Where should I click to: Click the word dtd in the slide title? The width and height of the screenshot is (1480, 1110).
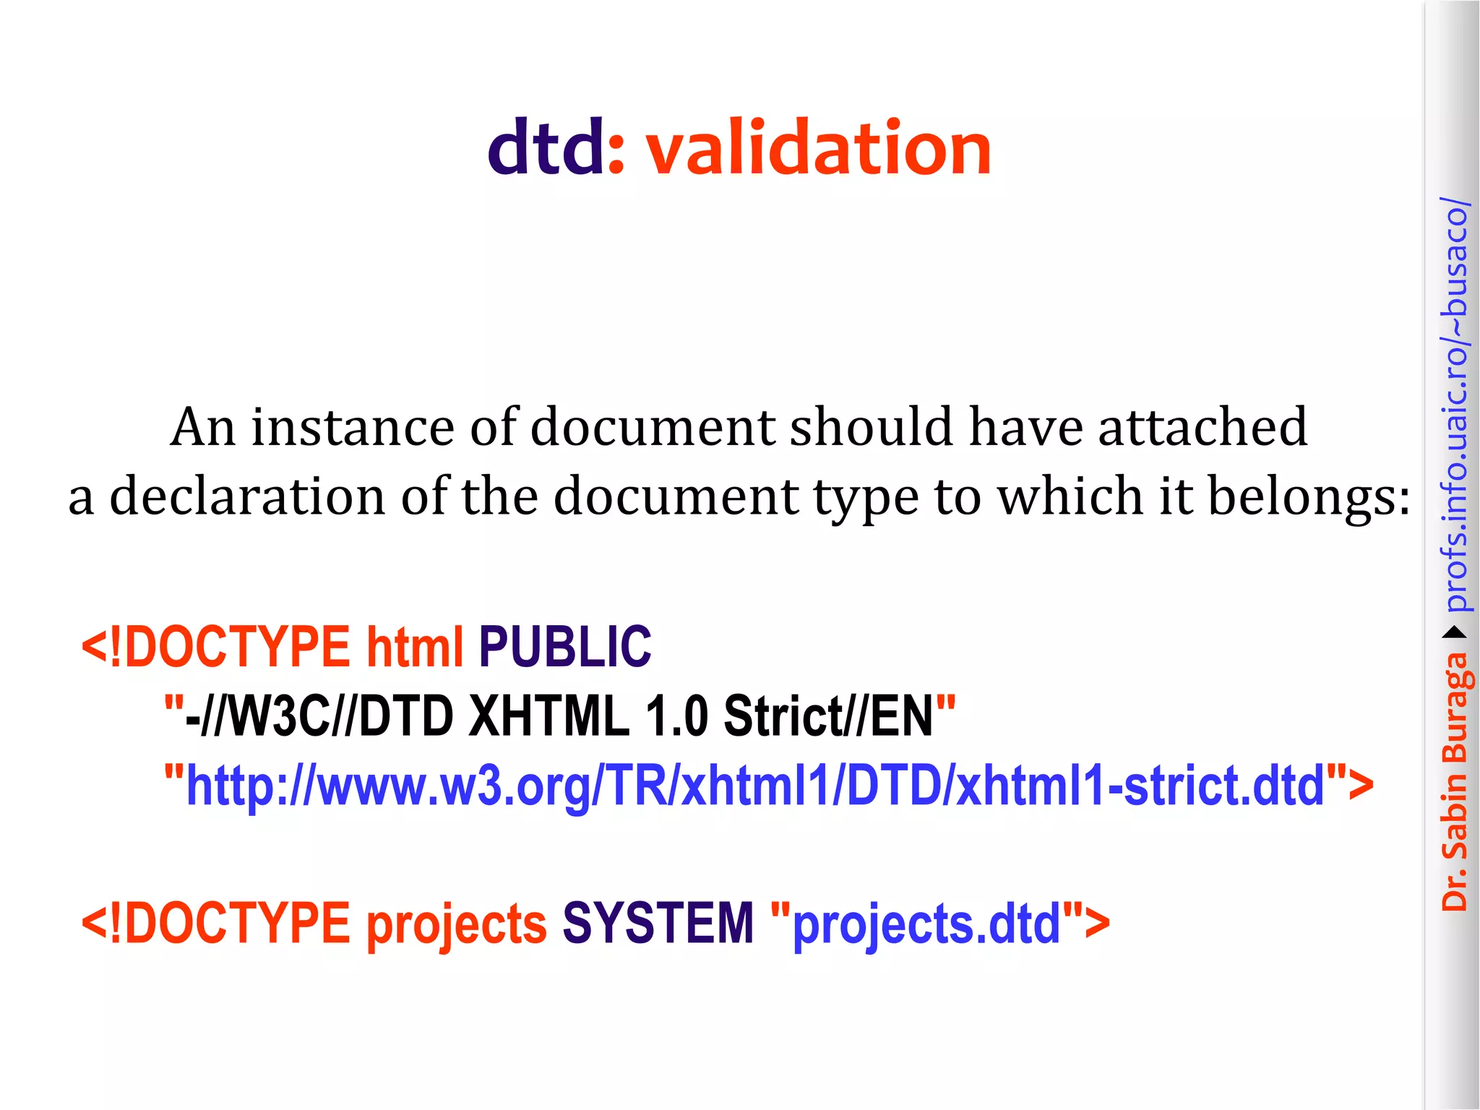546,148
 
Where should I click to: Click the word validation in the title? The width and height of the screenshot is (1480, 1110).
818,148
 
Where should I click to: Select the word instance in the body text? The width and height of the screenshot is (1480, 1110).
353,427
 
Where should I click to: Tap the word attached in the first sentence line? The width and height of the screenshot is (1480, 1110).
1202,427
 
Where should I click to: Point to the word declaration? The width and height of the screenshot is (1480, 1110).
247,496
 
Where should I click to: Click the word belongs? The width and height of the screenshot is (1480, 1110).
1308,498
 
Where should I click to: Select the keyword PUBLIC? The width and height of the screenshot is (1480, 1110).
564,646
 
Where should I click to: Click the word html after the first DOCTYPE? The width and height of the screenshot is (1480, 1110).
415,646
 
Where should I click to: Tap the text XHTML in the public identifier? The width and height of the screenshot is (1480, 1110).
549,715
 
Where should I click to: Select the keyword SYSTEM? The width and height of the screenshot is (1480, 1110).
658,924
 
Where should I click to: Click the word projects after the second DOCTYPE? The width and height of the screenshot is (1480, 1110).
457,925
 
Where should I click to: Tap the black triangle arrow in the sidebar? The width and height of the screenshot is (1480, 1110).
1455,633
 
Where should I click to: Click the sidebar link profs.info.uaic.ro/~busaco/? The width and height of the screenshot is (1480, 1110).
1455,405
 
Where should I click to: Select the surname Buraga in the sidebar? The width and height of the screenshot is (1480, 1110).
1455,708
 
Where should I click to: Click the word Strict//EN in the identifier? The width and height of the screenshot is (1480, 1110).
828,715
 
